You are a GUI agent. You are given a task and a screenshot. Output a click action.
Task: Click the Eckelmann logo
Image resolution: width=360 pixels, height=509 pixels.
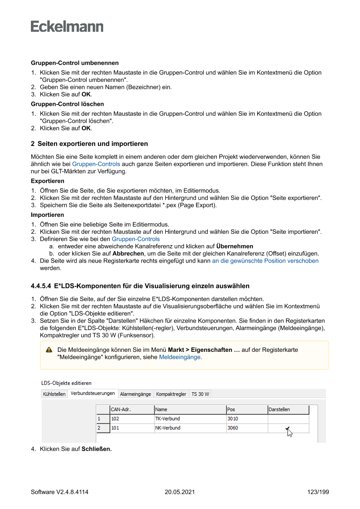(x=67, y=27)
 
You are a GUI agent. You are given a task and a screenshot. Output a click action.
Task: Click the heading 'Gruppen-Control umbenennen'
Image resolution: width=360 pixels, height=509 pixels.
(x=74, y=63)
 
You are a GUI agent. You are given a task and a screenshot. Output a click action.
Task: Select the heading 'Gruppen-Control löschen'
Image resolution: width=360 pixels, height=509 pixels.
(x=67, y=104)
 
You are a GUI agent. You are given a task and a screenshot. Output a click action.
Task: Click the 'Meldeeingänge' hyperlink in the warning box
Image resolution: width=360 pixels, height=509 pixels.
(x=180, y=357)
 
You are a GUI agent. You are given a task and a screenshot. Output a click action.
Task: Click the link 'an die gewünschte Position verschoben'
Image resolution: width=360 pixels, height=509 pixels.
(x=265, y=261)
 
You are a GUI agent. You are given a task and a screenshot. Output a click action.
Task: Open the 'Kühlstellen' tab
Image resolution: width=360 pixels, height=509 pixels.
(x=54, y=394)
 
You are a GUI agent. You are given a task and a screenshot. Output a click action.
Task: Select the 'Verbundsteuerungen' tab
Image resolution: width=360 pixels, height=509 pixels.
(x=93, y=394)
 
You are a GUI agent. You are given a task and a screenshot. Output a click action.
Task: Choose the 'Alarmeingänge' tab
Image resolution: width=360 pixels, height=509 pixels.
(x=135, y=394)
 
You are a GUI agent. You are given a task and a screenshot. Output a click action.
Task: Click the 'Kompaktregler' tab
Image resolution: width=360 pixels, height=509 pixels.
(x=171, y=394)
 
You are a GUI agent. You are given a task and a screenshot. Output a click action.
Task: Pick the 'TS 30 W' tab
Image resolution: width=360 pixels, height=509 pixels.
(x=200, y=394)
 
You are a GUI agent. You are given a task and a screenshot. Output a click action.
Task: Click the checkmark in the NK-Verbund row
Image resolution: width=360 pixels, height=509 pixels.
(x=287, y=428)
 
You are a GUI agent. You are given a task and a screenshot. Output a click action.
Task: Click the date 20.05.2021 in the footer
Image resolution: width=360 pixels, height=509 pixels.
(x=180, y=492)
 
